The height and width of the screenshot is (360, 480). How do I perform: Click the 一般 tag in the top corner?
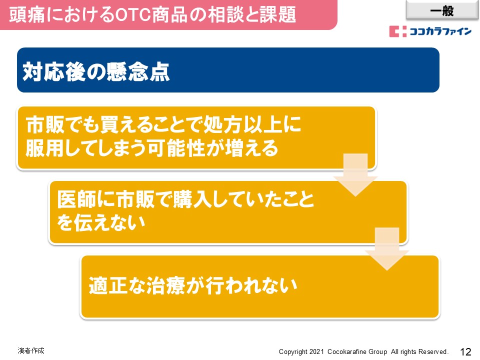[x=441, y=10]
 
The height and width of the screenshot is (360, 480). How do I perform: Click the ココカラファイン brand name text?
[x=440, y=31]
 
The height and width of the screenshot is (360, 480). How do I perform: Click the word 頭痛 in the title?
[x=27, y=14]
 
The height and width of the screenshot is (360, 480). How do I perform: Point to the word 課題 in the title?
[x=277, y=14]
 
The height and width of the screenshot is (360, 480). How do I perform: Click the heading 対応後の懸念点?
[x=96, y=71]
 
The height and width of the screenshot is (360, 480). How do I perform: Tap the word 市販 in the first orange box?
[x=45, y=124]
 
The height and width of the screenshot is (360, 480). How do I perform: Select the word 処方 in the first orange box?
[x=223, y=124]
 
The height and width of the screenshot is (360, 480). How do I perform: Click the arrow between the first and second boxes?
[x=355, y=174]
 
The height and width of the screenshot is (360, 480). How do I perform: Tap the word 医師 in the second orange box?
[x=76, y=199]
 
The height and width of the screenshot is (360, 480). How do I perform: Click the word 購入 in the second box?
[x=192, y=199]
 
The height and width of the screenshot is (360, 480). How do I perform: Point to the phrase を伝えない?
[x=101, y=222]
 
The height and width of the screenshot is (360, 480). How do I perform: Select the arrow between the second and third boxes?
[x=387, y=249]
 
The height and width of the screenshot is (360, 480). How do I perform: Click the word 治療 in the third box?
[x=165, y=285]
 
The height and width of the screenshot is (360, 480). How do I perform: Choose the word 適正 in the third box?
[x=108, y=285]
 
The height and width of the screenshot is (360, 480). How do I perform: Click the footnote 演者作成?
[x=31, y=350]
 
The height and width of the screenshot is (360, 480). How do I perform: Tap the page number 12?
[x=465, y=351]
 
